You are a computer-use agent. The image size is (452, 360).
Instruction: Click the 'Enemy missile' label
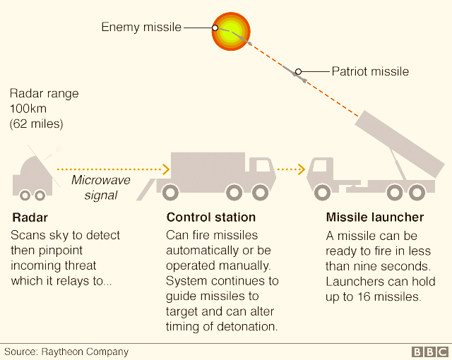(141, 27)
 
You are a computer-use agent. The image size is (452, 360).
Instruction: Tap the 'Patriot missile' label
(370, 71)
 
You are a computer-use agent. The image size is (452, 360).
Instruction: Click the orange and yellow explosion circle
(231, 32)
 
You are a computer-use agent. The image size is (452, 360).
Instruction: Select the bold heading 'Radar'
(30, 217)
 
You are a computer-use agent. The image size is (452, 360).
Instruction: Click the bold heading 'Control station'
(211, 217)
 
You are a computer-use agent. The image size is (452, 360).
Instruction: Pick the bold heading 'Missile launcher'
(375, 217)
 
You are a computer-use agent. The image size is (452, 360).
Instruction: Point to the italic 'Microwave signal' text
(101, 188)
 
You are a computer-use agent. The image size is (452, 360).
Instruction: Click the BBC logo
(430, 352)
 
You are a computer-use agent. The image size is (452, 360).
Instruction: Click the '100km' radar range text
(28, 109)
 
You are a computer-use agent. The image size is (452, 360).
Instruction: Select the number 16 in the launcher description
(364, 296)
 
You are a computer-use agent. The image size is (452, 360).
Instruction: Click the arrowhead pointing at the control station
(166, 169)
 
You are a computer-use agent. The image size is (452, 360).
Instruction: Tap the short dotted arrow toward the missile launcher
(291, 169)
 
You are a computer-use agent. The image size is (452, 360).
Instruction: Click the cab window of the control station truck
(262, 166)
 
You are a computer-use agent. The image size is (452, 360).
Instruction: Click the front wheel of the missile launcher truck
(322, 193)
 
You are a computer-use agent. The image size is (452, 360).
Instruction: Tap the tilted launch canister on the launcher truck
(400, 144)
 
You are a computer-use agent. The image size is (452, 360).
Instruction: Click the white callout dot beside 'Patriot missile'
(298, 71)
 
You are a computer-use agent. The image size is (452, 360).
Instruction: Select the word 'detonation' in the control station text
(246, 327)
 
